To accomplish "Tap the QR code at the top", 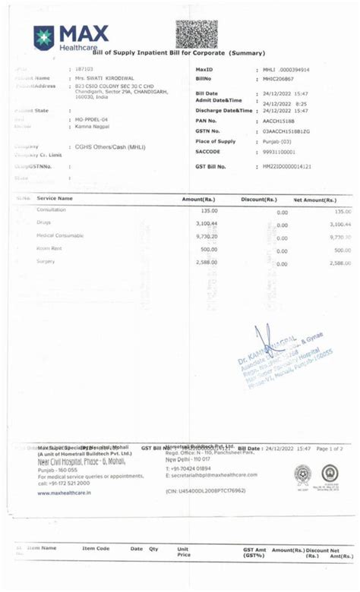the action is click(x=197, y=34).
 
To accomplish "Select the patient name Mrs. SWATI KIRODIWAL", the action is click(x=104, y=78).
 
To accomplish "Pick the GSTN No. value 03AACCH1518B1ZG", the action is click(x=289, y=131).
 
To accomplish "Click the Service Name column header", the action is click(x=55, y=198).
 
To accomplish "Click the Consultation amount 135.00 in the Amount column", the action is click(x=209, y=210).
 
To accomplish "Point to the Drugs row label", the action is click(x=43, y=222).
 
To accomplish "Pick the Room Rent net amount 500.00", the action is click(x=343, y=250).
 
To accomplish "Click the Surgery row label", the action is click(x=46, y=261).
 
